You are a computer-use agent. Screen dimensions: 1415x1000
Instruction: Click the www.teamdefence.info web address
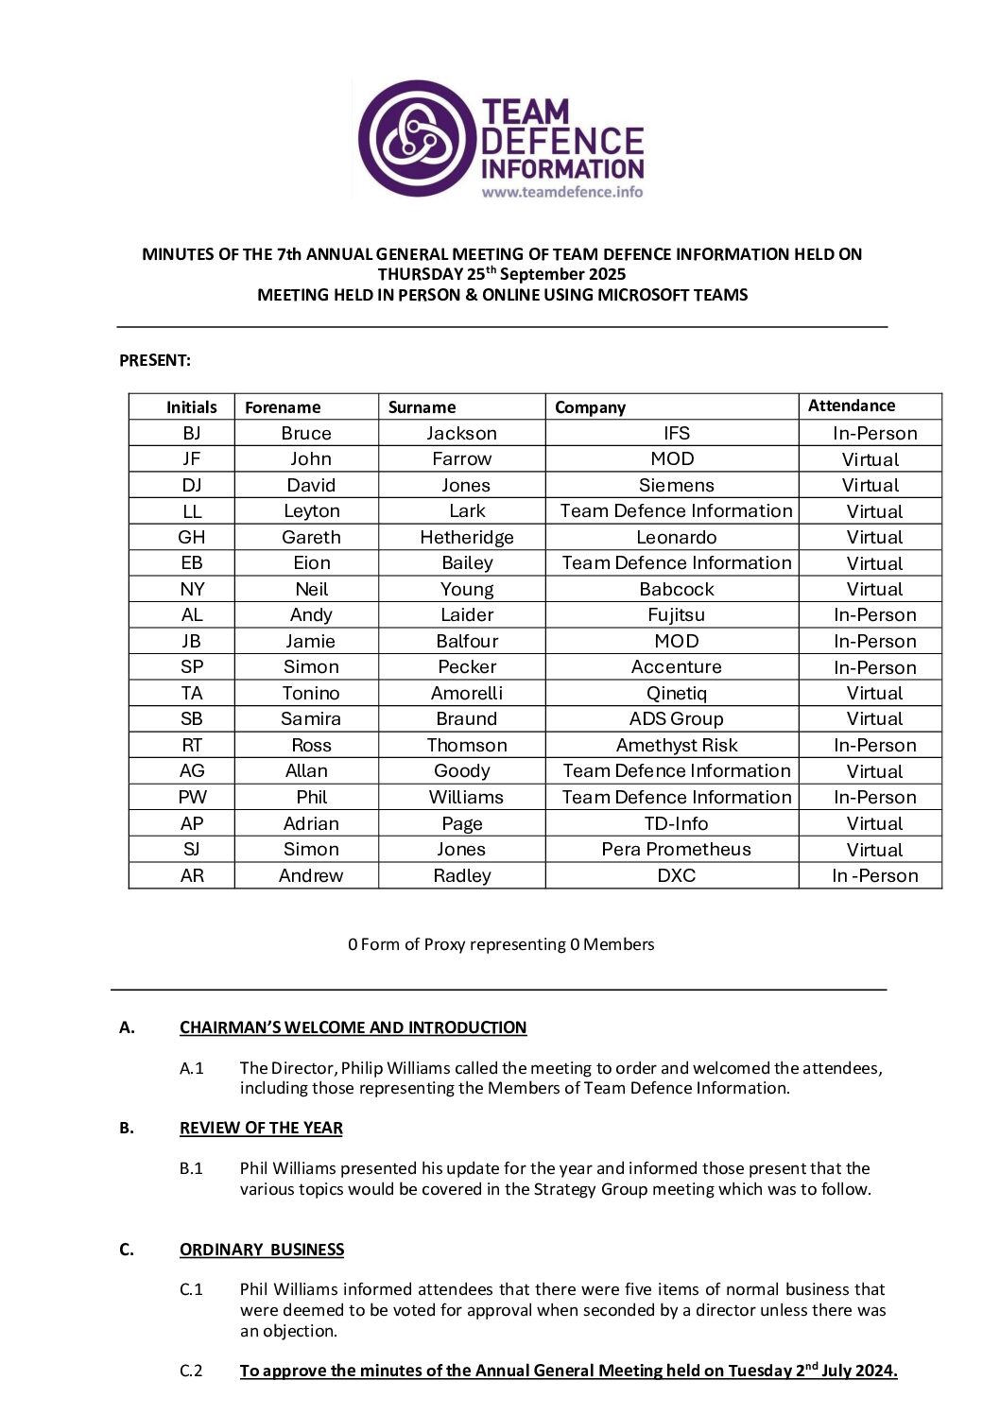562,192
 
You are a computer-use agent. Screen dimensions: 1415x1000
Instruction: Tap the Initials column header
191,407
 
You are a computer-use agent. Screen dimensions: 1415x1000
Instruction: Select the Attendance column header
851,406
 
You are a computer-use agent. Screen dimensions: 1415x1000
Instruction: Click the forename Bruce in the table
306,433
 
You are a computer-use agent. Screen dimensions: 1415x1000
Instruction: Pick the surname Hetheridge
467,537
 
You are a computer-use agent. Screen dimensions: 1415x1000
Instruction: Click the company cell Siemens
676,485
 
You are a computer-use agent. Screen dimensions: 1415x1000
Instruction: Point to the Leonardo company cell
676,537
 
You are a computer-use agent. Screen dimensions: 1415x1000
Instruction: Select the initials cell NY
192,589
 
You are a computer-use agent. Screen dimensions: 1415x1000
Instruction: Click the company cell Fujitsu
676,614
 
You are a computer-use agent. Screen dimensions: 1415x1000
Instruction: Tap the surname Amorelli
467,693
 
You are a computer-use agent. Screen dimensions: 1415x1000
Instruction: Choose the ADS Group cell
676,718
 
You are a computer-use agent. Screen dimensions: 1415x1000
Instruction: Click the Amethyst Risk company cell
676,745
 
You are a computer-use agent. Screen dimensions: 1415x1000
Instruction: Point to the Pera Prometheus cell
676,849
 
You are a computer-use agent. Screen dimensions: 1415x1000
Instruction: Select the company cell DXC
676,875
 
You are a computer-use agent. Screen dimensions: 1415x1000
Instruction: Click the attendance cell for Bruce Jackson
874,433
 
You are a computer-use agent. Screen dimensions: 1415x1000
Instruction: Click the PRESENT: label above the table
155,360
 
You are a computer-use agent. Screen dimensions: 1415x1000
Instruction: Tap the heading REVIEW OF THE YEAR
261,1128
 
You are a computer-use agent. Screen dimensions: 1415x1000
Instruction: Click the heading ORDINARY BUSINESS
262,1250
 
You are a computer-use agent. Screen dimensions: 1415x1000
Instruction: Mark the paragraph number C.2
191,1371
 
